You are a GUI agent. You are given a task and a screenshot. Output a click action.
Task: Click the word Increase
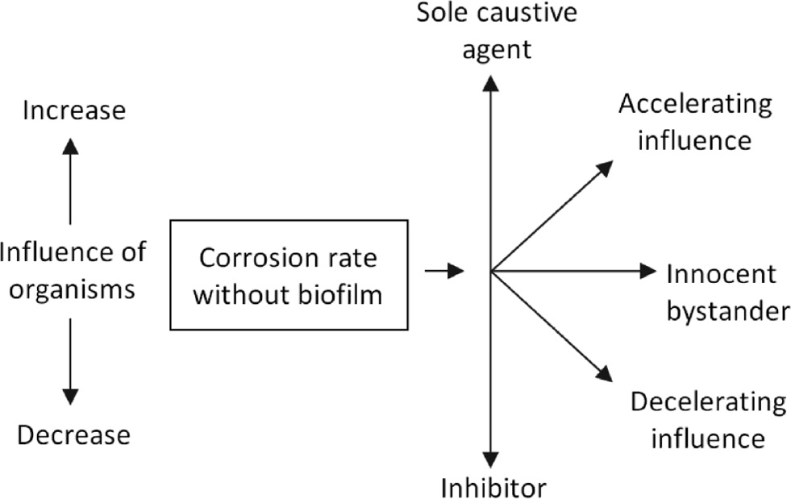click(74, 110)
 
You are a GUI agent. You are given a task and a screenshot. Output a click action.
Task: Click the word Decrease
click(73, 435)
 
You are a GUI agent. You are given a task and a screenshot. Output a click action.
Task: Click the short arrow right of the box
click(444, 271)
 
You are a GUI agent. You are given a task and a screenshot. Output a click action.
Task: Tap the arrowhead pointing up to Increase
click(71, 145)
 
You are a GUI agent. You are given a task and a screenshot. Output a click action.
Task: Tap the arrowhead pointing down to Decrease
click(71, 396)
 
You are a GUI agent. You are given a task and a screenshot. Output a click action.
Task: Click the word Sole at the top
click(439, 14)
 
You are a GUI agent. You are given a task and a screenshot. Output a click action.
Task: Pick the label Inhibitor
click(493, 487)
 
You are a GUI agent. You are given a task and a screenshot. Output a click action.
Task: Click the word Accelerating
click(695, 104)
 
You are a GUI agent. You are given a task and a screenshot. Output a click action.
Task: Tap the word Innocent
click(721, 274)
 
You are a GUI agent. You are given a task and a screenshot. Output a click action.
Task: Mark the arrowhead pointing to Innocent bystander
click(648, 271)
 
